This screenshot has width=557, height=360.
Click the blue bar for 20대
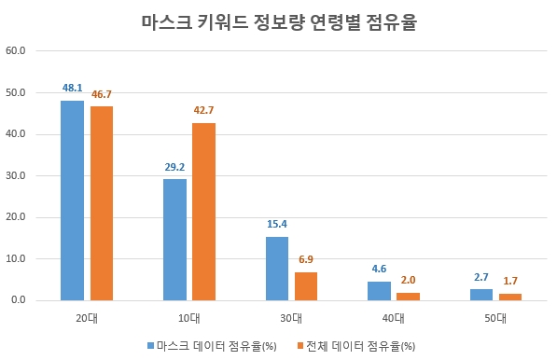(72, 201)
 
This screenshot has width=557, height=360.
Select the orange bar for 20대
(102, 203)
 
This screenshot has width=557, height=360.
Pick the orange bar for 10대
(203, 212)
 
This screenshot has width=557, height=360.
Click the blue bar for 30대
(276, 269)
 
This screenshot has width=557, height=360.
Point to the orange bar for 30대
(306, 286)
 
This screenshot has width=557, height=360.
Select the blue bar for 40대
(379, 291)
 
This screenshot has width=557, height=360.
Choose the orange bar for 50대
(510, 297)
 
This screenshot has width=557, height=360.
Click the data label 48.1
(73, 88)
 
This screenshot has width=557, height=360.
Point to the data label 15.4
(277, 224)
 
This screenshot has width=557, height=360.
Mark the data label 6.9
(307, 259)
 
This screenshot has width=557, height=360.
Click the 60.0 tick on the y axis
(16, 51)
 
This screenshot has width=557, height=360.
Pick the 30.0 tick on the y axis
(16, 175)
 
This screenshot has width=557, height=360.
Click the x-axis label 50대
(495, 318)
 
